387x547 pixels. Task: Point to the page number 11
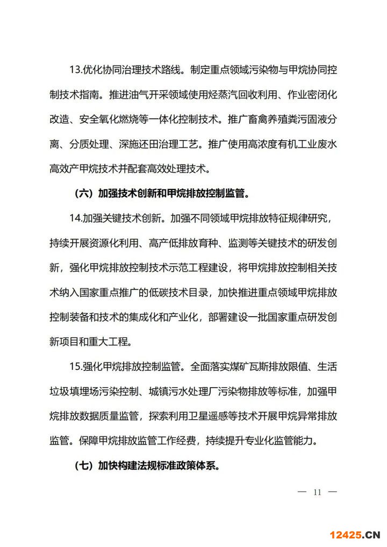click(x=317, y=492)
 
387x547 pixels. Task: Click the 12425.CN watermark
click(x=348, y=535)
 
